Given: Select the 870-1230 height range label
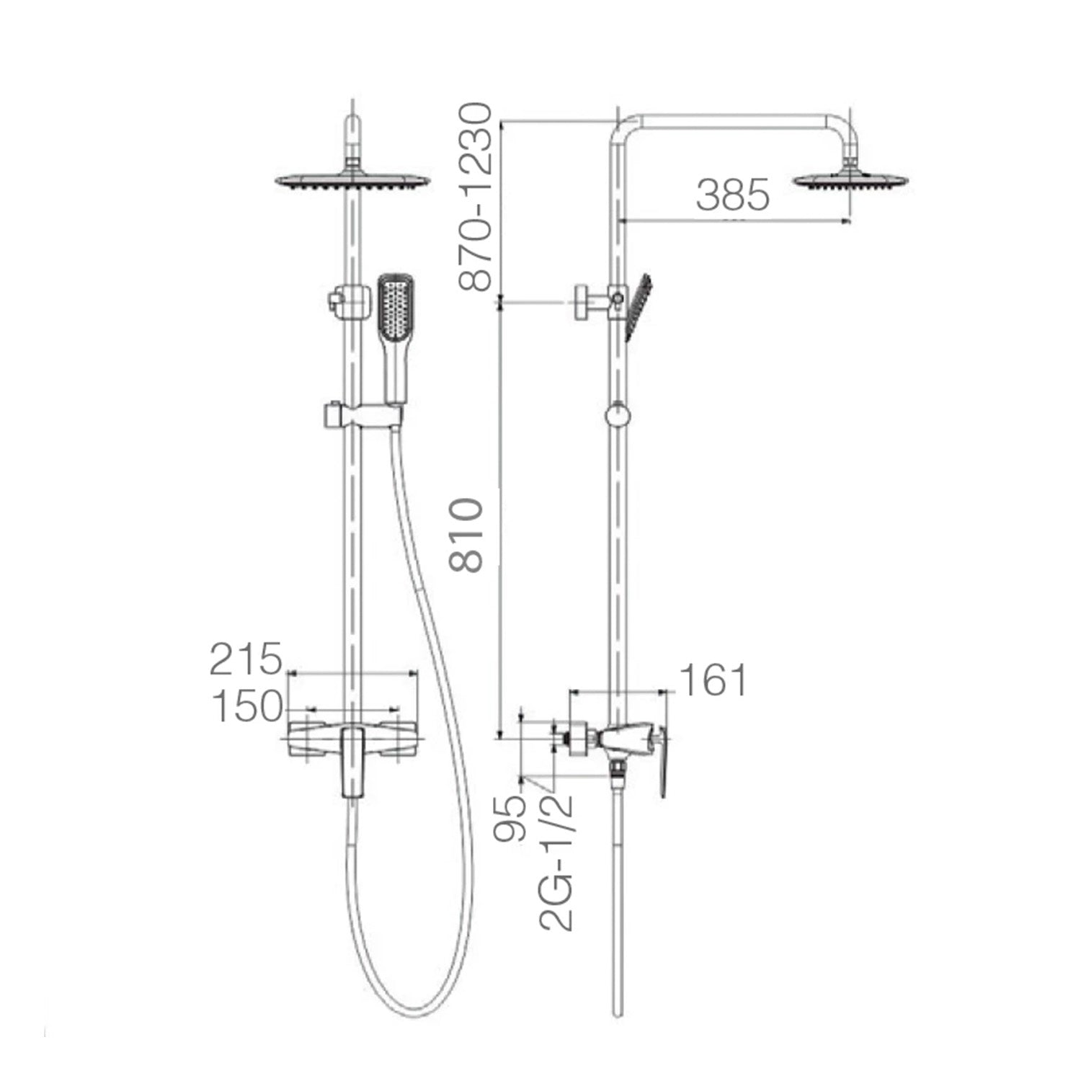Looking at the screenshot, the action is click(476, 197).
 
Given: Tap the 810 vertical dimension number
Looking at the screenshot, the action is click(466, 535).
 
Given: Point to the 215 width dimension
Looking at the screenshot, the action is click(245, 659).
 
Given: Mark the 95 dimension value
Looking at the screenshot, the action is click(511, 819).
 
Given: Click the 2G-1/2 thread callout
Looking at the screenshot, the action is click(557, 863).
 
